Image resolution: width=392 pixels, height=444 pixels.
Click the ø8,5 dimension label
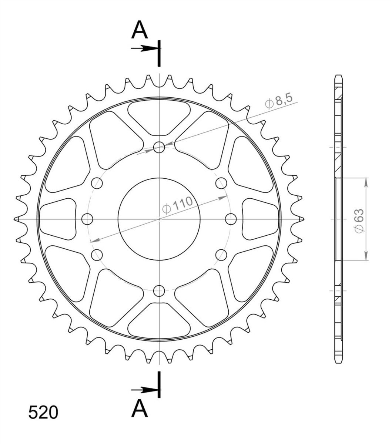[279, 101]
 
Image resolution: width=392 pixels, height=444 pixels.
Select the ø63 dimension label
[359, 221]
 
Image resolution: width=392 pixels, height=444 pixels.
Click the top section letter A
[140, 30]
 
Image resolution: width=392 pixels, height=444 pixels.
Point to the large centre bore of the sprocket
[159, 219]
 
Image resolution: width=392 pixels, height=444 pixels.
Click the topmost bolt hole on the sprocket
[159, 147]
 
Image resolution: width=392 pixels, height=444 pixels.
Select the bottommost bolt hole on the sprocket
[159, 291]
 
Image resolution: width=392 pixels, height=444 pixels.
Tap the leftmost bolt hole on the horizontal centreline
[87, 219]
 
